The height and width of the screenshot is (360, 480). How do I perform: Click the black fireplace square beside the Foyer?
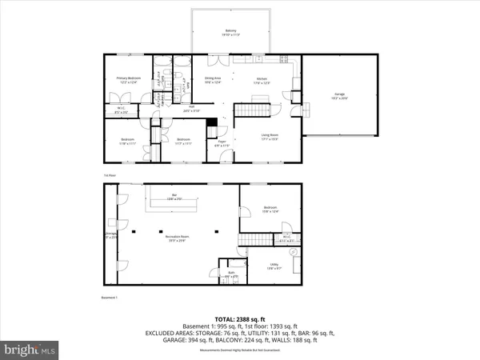tap(212, 123)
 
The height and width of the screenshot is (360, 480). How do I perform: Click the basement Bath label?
tap(230, 274)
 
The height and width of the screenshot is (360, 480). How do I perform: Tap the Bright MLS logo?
tap(30, 349)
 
